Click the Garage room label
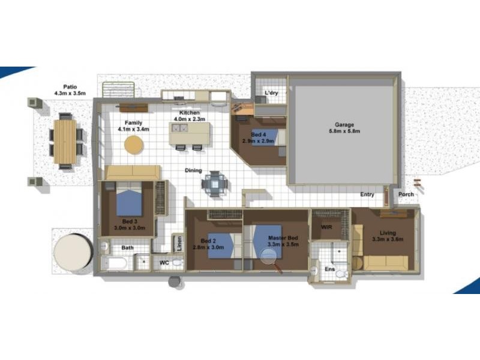coord(340,125)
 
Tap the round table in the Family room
coord(134,145)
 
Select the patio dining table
coord(65,142)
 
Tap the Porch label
coord(406,194)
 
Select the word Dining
coord(193,170)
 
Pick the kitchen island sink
coord(179,127)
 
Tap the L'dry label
coord(271,94)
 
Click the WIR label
coord(326,227)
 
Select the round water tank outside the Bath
coord(72,253)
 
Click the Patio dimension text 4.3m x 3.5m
coord(70,93)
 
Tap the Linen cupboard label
coord(178,244)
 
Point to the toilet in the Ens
coord(340,273)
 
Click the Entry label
coord(367,194)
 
